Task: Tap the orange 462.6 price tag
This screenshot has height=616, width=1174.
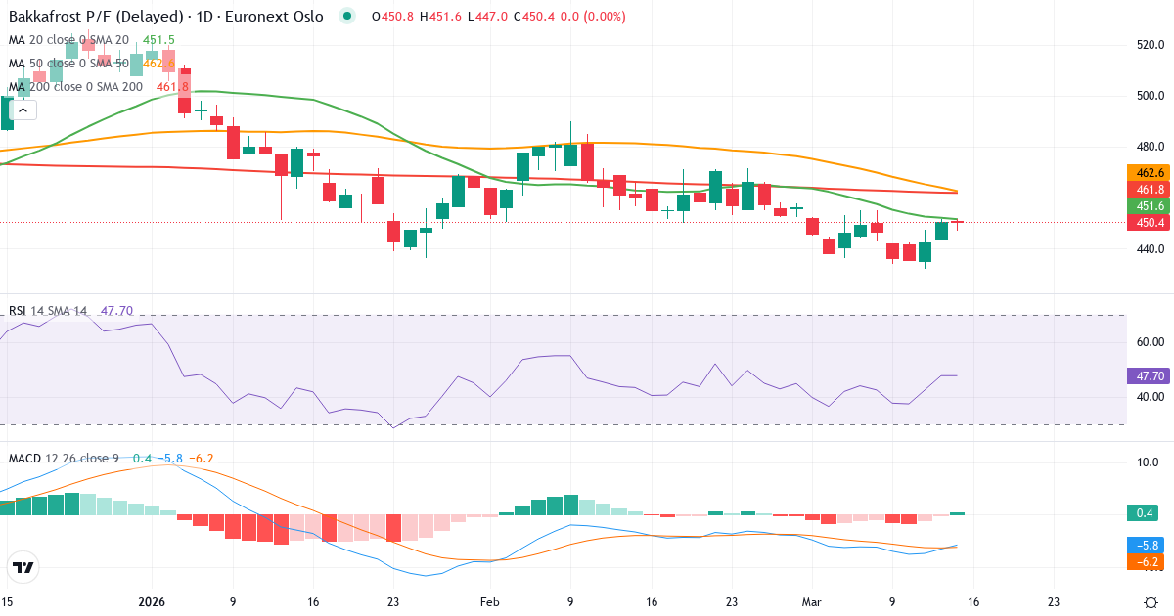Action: point(1149,173)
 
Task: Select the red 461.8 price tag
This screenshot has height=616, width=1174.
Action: point(1149,189)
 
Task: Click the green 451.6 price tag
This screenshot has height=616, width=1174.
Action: point(1149,206)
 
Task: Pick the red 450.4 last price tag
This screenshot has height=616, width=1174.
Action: point(1149,223)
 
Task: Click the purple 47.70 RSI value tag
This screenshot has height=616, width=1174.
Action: point(1149,375)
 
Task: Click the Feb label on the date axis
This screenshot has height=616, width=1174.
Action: point(490,601)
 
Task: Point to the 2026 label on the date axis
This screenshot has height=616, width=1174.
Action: point(153,601)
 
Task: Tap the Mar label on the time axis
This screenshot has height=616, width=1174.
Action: point(812,601)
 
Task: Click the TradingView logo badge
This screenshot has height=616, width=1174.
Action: point(23,567)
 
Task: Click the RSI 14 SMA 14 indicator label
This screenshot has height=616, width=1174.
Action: point(48,311)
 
